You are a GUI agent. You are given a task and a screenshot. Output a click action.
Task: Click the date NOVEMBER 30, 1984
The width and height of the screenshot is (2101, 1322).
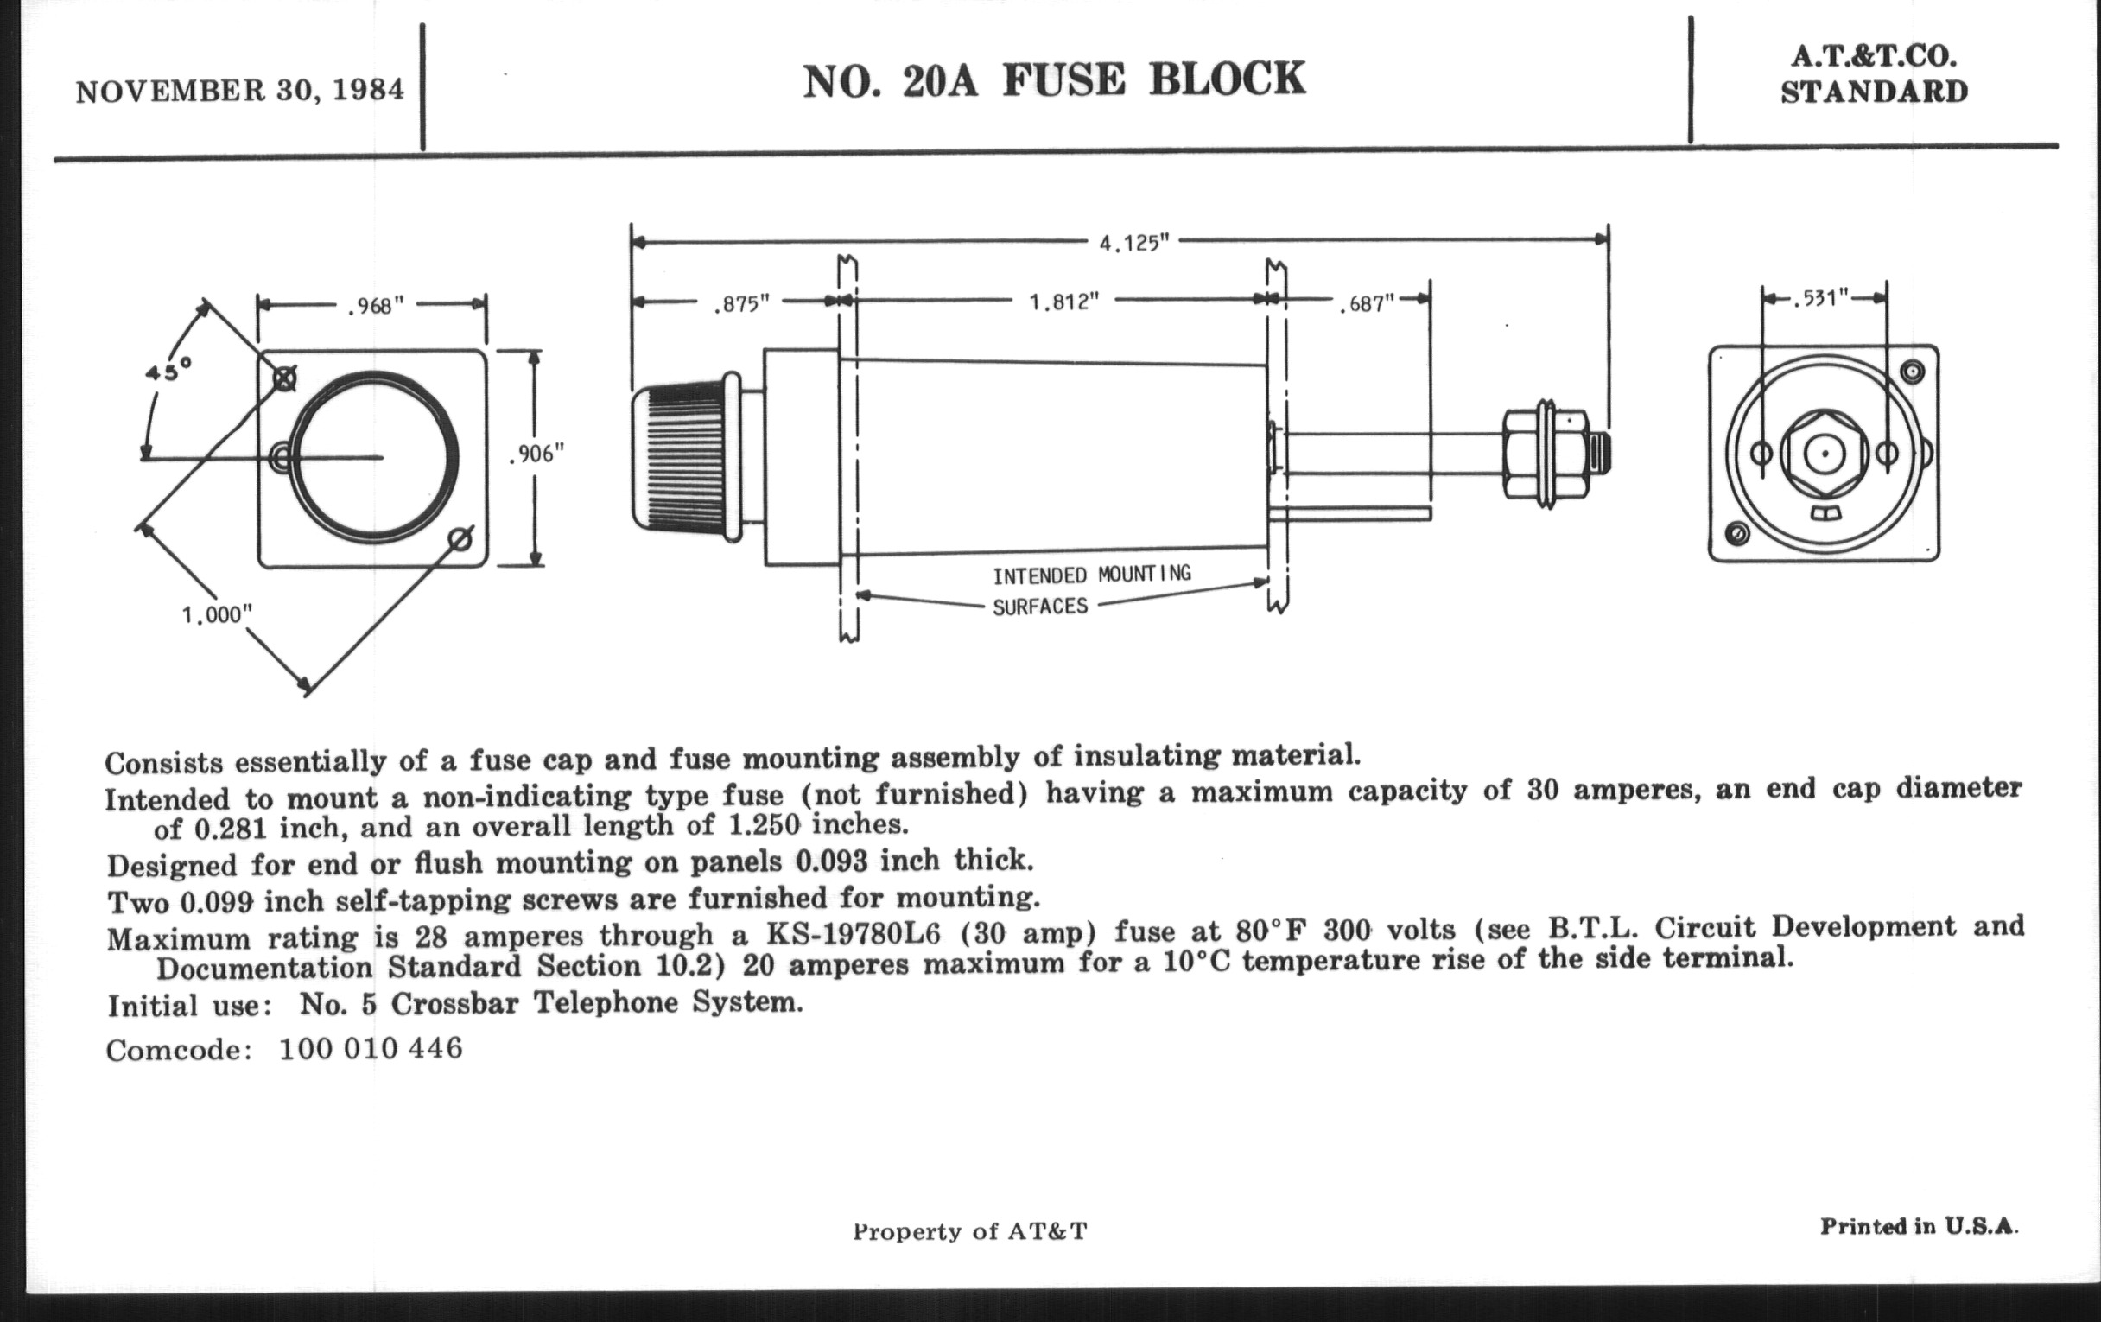[240, 91]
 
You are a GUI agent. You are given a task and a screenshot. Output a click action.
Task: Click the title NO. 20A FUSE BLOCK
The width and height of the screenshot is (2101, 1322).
[1054, 80]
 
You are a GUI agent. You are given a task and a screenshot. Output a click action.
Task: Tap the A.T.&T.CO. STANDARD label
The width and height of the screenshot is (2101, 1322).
[1874, 75]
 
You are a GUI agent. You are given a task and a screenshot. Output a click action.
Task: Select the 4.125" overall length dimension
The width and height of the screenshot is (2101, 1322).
[1133, 243]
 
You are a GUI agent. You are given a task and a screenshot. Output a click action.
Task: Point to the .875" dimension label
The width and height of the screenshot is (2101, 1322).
[741, 303]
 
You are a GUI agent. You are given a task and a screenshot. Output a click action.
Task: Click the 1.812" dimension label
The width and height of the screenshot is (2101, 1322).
[1063, 302]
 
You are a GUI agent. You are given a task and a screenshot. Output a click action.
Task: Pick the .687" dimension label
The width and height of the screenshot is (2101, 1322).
[1368, 304]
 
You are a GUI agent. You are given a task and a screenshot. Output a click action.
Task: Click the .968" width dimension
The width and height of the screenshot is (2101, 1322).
[376, 306]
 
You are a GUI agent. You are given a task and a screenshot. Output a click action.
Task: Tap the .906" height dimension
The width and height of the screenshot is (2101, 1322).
[536, 454]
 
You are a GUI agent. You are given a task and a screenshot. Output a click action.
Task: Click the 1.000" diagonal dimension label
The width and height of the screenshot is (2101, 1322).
[216, 615]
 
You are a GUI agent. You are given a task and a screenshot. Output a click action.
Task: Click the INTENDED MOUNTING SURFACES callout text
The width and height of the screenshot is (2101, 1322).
[1090, 590]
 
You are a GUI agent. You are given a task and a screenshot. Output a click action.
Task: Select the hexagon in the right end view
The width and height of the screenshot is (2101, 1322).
[1824, 453]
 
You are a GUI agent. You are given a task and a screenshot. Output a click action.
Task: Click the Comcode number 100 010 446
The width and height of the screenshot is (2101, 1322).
[371, 1048]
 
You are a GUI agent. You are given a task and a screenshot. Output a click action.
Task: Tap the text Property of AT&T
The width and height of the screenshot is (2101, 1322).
[970, 1231]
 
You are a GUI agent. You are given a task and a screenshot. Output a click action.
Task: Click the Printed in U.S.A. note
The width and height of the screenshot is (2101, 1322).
[1919, 1226]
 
